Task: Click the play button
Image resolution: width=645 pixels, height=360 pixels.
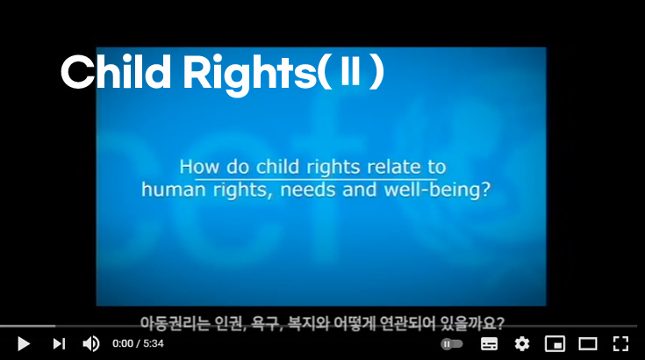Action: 24,343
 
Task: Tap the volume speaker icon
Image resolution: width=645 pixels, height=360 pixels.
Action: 90,343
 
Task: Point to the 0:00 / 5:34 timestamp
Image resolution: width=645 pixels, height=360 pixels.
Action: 139,343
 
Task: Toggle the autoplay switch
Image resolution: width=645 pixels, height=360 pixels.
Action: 451,343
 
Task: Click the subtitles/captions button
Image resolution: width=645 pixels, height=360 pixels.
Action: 490,343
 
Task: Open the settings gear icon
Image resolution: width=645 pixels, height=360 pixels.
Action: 522,343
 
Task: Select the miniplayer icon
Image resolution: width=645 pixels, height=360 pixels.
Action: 555,343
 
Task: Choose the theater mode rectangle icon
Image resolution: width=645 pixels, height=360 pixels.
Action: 587,343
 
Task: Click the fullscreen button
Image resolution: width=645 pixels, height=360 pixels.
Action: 620,343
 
